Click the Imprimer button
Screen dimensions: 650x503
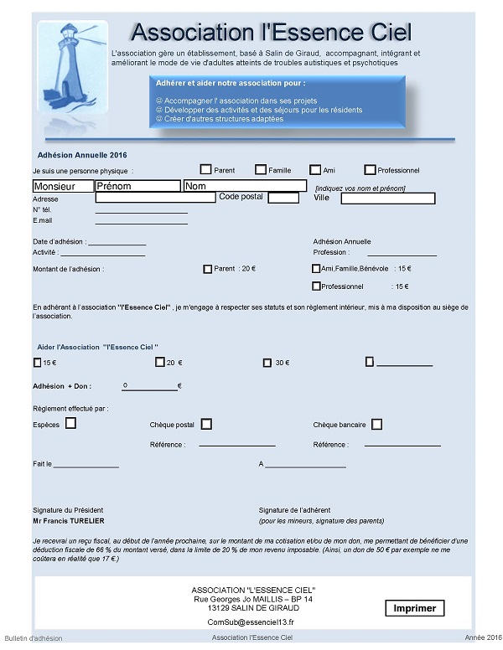click(x=414, y=609)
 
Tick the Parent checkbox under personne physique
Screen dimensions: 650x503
click(x=205, y=169)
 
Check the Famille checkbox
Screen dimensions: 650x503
click(x=261, y=169)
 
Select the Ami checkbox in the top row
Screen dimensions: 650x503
click(x=316, y=169)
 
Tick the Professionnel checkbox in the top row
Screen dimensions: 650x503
click(x=371, y=169)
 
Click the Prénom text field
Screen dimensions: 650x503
click(x=137, y=186)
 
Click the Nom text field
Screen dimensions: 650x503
click(x=245, y=186)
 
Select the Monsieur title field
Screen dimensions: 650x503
click(x=63, y=186)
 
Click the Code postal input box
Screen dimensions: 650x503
click(x=283, y=198)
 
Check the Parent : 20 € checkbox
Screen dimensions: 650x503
click(x=208, y=269)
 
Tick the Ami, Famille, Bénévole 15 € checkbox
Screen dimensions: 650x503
click(x=315, y=269)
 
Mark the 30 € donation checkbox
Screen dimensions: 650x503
click(x=268, y=363)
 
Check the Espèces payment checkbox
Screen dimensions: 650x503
click(x=70, y=424)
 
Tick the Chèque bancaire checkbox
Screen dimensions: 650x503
click(x=377, y=424)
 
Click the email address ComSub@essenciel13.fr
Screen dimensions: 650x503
click(x=251, y=622)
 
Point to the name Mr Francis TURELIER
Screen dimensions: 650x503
click(x=69, y=520)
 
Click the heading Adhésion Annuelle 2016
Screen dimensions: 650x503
click(x=82, y=155)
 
